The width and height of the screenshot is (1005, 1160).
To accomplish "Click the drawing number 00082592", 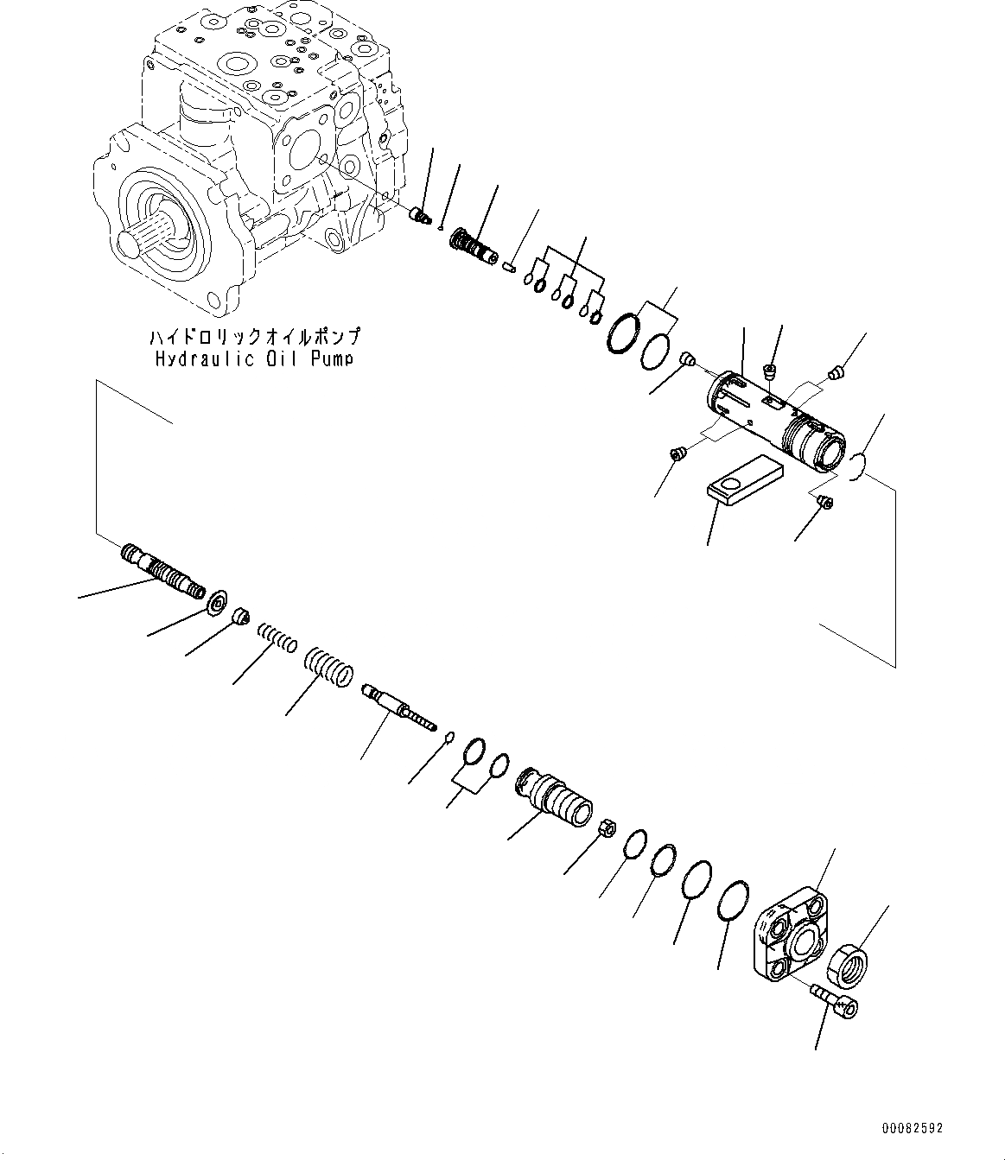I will tap(913, 1128).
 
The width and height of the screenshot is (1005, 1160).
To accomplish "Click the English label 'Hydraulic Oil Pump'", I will tap(254, 358).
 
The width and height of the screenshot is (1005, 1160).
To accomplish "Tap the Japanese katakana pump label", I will tap(254, 337).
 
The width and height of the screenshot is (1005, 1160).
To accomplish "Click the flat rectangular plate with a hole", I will tap(743, 480).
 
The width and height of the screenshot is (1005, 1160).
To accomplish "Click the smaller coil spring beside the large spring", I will tap(278, 639).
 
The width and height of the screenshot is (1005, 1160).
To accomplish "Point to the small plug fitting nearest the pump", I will tap(421, 215).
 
